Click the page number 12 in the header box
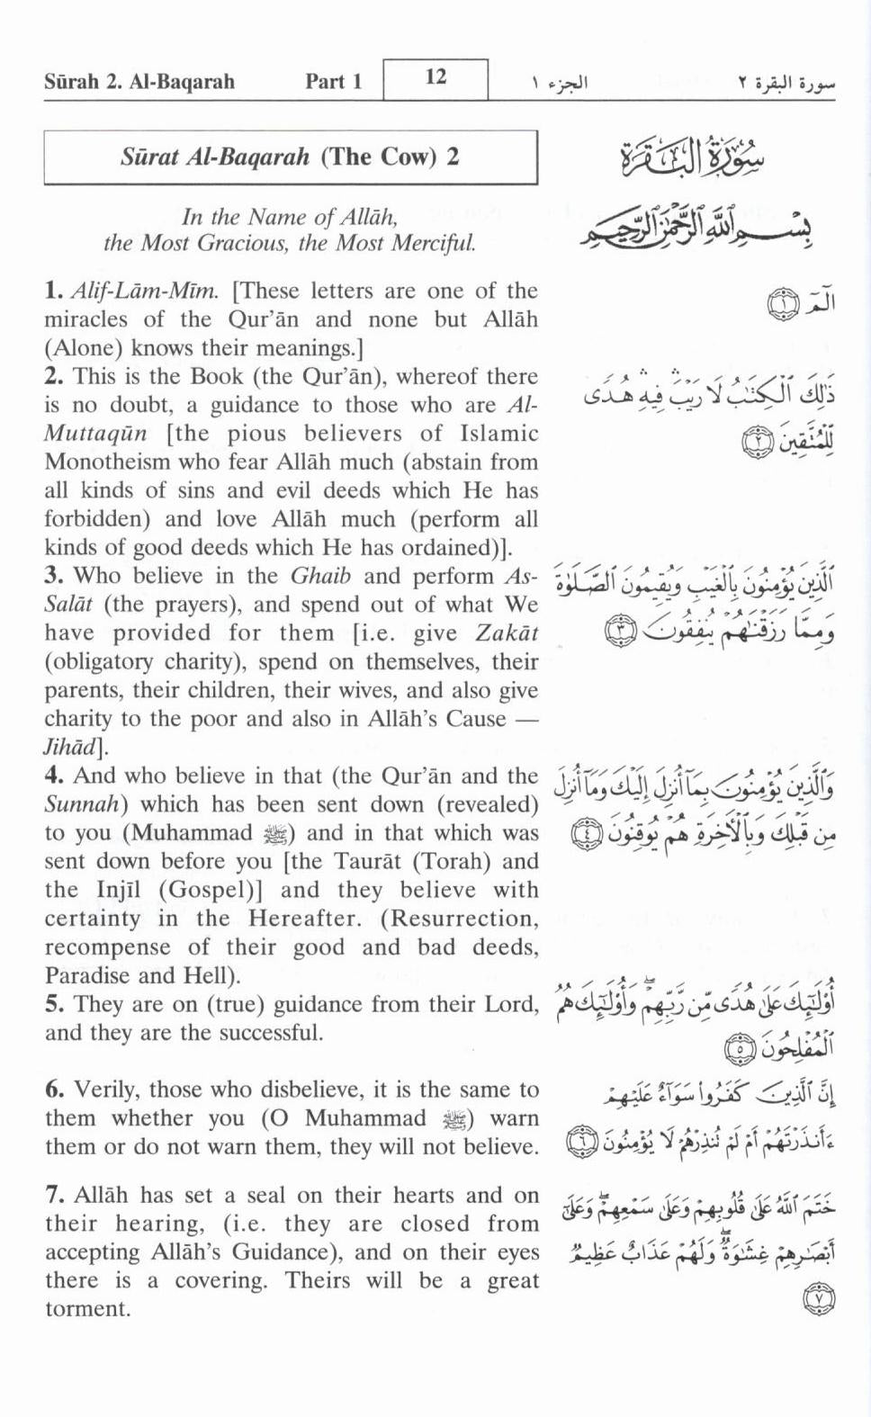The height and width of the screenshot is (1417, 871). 435,77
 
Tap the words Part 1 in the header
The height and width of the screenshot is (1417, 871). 333,82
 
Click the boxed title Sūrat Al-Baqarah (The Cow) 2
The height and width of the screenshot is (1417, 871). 290,157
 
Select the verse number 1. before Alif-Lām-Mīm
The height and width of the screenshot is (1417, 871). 53,291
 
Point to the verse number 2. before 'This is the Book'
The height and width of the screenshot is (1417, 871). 53,377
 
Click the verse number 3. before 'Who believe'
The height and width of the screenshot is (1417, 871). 53,577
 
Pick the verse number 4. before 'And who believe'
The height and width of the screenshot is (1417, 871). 53,776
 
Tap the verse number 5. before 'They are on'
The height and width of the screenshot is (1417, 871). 53,1005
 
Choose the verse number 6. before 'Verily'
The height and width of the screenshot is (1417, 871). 54,1090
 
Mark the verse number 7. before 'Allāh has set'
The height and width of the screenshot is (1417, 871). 54,1196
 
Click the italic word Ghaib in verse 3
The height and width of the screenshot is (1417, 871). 320,577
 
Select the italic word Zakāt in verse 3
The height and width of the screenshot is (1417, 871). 507,633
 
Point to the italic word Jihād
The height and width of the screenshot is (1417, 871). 76,748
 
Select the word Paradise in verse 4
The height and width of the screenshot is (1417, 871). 85,976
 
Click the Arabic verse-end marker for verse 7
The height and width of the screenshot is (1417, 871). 818,1298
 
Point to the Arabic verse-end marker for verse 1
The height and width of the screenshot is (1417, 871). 783,305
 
